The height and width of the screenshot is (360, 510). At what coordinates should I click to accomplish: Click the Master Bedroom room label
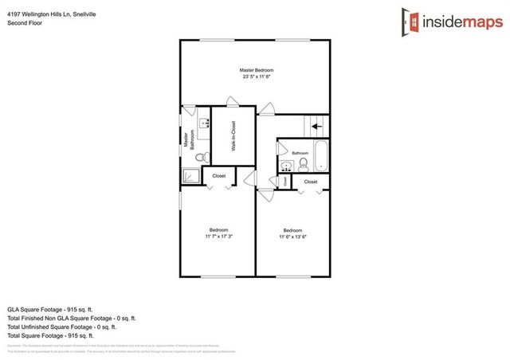[257, 71]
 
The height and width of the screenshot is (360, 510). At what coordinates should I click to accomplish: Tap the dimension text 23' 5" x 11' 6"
[257, 77]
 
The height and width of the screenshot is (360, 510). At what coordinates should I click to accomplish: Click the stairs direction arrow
[316, 126]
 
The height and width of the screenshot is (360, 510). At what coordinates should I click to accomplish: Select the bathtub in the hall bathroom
[321, 155]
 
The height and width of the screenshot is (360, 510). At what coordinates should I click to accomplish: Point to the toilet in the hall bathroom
[304, 164]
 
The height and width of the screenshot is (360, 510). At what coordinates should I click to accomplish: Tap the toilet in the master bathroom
[202, 156]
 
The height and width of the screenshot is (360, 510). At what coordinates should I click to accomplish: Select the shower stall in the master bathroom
[191, 175]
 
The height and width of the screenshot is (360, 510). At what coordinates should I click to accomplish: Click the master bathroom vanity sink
[204, 124]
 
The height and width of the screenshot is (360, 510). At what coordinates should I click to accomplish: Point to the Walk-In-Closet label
[234, 135]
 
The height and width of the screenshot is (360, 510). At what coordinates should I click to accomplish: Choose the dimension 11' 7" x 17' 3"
[218, 237]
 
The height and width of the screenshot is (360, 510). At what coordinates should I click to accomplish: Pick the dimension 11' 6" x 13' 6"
[293, 237]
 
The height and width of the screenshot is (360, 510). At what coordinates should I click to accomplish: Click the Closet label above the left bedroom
[218, 175]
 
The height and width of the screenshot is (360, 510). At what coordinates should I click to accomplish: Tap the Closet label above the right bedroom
[310, 182]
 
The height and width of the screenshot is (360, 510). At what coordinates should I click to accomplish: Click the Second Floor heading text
[25, 23]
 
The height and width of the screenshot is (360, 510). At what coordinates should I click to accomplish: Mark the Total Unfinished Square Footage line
[61, 327]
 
